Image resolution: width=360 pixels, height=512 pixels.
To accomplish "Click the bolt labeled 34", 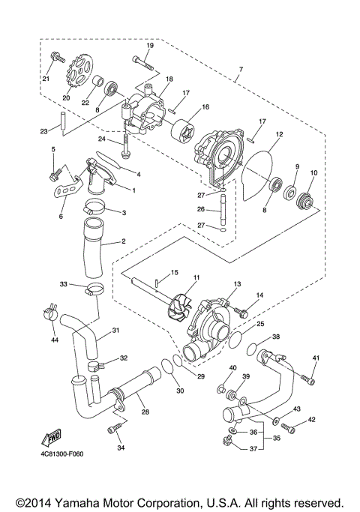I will (115, 430).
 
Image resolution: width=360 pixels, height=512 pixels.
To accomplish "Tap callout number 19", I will (148, 46).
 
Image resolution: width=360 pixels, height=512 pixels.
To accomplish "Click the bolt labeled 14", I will (243, 310).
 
